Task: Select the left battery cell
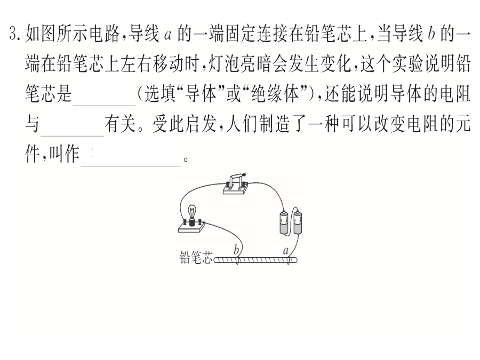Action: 284,222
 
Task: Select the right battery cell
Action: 298,222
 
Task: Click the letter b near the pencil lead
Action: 236,250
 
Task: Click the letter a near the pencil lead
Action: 286,251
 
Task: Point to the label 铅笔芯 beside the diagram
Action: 196,258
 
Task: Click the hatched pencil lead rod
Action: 255,260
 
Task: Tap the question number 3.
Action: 14,34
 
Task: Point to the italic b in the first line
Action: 431,34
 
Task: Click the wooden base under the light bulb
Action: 191,227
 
